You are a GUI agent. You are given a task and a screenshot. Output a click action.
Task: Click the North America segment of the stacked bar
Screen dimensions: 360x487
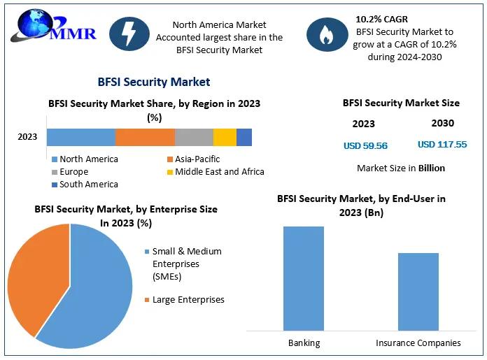click(80, 137)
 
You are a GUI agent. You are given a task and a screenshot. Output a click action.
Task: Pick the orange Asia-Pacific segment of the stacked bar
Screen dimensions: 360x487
click(145, 137)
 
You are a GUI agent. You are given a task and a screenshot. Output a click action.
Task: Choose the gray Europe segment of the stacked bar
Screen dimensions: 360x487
click(194, 137)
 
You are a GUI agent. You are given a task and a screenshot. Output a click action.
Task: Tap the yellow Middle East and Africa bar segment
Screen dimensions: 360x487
click(225, 137)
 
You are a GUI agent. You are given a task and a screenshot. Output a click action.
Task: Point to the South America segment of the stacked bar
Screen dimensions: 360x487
click(244, 137)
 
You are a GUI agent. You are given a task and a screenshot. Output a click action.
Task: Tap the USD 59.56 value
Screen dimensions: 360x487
click(365, 146)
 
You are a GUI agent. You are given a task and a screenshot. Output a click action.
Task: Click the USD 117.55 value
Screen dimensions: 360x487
click(442, 145)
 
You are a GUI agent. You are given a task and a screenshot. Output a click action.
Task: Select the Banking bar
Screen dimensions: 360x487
click(304, 278)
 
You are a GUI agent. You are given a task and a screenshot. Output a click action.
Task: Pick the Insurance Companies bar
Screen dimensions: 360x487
click(418, 291)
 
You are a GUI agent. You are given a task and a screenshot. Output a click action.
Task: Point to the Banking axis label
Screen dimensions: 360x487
click(304, 343)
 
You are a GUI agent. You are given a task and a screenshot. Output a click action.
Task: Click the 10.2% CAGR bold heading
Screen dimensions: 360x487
click(381, 19)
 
